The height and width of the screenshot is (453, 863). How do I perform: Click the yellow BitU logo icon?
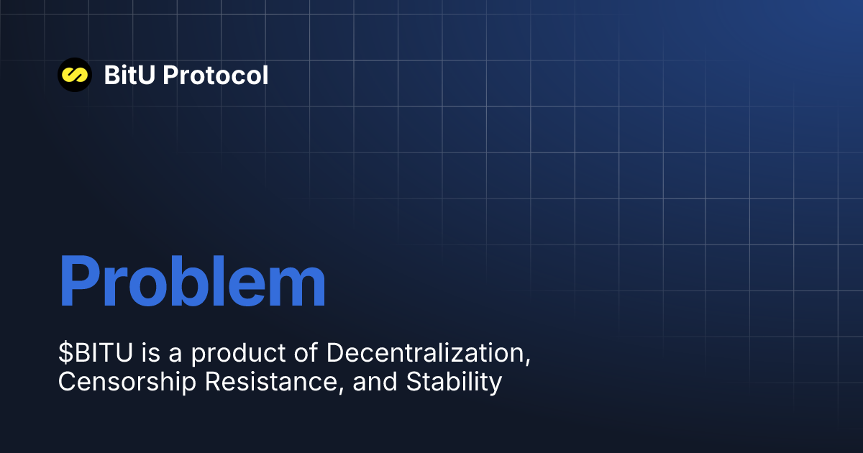click(74, 74)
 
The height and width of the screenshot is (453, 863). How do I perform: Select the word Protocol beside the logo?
click(216, 75)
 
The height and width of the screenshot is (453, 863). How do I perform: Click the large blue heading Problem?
click(192, 283)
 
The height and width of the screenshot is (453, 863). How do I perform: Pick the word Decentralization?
click(424, 353)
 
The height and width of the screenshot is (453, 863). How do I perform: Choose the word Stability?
click(454, 382)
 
